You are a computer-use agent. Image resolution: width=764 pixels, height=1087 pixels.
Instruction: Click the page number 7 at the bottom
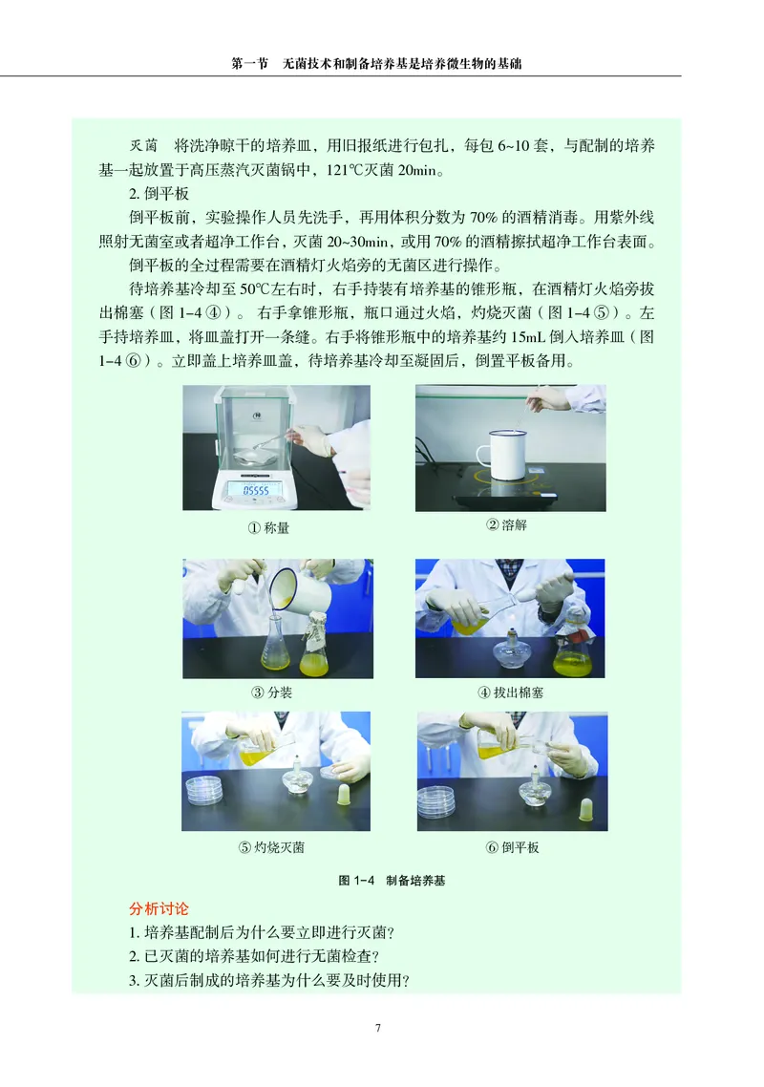[x=379, y=1028]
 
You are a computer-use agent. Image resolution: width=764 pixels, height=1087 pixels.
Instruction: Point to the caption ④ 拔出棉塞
[x=511, y=693]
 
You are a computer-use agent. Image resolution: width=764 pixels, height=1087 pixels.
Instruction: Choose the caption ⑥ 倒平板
[x=513, y=847]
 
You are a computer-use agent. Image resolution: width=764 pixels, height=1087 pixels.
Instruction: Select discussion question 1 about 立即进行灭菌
[x=262, y=932]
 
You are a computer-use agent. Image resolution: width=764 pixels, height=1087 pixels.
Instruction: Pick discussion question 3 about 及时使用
[x=268, y=980]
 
